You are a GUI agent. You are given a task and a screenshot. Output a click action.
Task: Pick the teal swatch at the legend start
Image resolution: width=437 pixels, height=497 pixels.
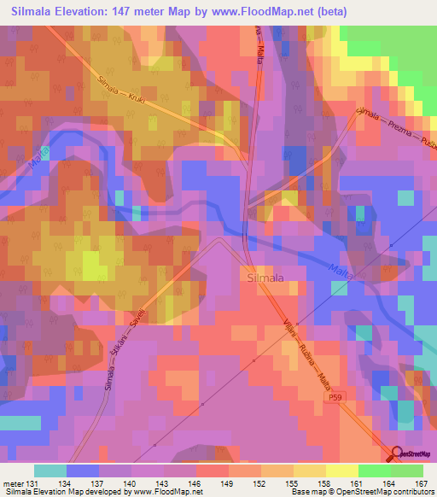click(x=50, y=471)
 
